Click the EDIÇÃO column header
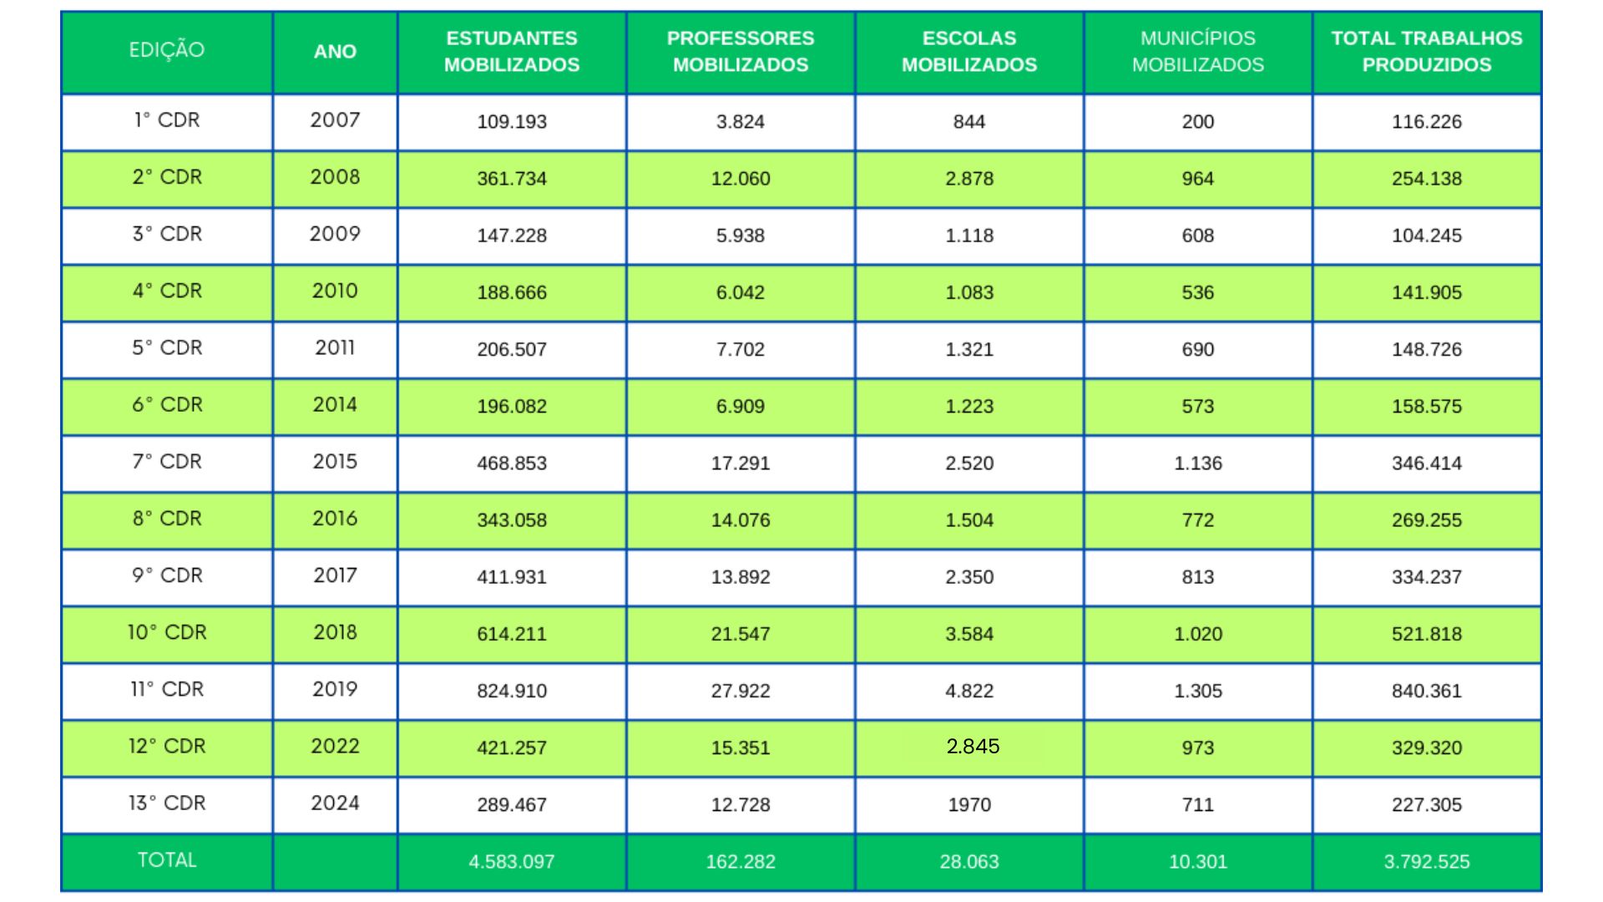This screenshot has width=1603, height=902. coord(167,50)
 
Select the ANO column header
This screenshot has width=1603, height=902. coord(335,52)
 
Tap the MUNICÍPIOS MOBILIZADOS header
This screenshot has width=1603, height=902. coord(1197,52)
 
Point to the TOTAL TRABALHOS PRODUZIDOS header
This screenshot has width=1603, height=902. coord(1426,52)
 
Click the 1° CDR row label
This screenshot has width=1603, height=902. coord(167,120)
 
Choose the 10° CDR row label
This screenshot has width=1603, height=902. coord(167,632)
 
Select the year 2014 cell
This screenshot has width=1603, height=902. coord(335,405)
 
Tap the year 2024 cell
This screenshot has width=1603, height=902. coord(335,803)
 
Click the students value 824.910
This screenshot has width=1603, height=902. coord(512,691)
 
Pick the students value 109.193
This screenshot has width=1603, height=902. coord(512,122)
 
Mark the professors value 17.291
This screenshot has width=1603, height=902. coord(741,464)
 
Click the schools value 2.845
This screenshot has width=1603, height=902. coord(973,747)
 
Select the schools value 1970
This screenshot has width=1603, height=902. coord(969,805)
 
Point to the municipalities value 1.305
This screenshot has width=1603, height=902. coord(1197,691)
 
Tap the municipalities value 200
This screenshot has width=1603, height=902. coord(1197,122)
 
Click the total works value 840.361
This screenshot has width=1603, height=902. coord(1426,691)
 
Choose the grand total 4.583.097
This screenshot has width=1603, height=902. coord(512,862)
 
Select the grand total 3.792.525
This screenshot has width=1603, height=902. coord(1426,862)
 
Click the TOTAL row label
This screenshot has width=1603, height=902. coord(167,860)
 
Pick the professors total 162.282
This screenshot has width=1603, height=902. coord(741,862)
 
